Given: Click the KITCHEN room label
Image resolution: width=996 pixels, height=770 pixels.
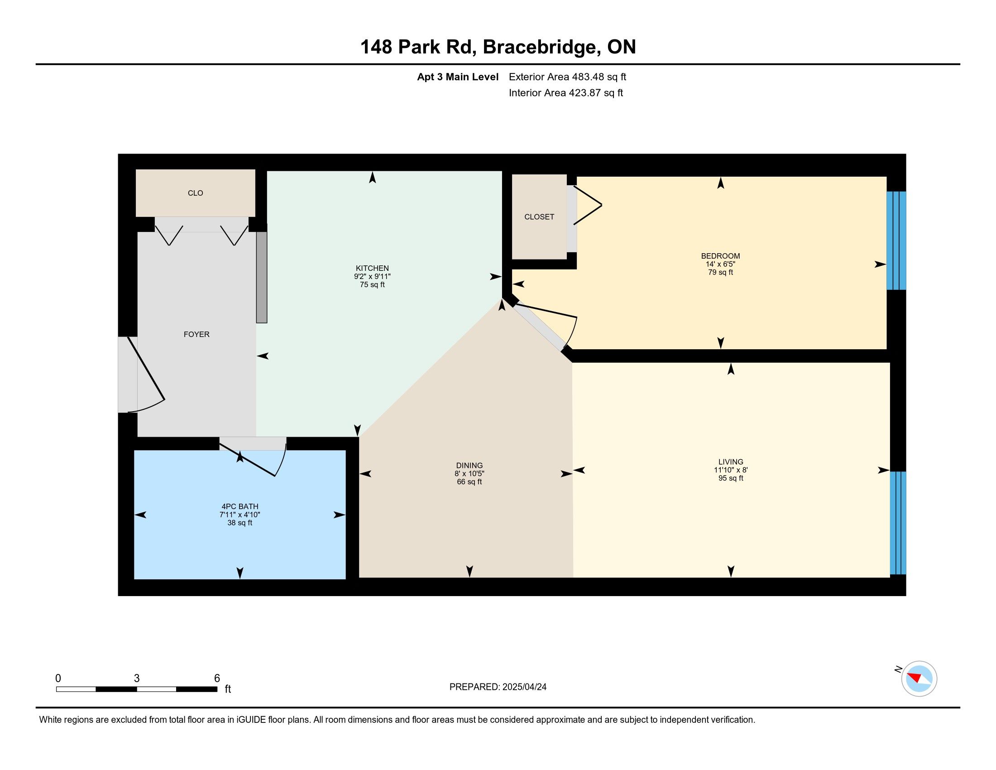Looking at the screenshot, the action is (372, 268).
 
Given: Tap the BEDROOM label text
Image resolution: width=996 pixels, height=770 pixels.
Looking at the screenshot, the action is (721, 256).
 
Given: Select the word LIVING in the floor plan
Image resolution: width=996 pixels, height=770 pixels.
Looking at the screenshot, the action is (731, 462).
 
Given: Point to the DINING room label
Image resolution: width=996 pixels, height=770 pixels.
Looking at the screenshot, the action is (469, 466).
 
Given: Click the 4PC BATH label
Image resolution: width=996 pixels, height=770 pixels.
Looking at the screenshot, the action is (240, 506).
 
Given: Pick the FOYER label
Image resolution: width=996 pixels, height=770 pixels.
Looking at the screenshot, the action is (196, 334).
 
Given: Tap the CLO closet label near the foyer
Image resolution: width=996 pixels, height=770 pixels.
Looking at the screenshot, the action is (195, 193).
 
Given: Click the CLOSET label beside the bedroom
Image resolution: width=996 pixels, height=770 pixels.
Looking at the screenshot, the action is (539, 217).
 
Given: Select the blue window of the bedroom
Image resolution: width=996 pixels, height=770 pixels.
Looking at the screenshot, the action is (896, 241).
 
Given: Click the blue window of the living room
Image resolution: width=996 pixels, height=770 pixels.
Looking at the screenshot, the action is (898, 523).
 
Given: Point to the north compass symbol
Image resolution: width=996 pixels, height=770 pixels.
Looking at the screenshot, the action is (919, 679).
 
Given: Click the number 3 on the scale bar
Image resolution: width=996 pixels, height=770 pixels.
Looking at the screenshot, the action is (136, 679).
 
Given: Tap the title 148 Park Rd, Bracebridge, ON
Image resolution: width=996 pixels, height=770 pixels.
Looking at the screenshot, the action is (498, 47).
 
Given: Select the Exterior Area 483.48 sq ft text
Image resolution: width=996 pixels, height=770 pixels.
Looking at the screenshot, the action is (567, 77).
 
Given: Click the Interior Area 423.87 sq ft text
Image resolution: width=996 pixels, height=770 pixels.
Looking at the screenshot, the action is (565, 92).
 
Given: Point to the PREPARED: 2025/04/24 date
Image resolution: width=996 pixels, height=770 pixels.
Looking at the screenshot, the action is (498, 687).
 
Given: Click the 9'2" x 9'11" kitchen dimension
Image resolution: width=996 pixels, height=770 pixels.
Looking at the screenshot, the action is (372, 276).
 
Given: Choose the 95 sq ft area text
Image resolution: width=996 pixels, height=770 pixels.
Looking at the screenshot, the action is (731, 478).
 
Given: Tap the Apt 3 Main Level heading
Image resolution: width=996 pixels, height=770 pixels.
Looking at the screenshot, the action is (457, 77).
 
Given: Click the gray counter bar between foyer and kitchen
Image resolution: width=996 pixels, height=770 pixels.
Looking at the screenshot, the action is (261, 277).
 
